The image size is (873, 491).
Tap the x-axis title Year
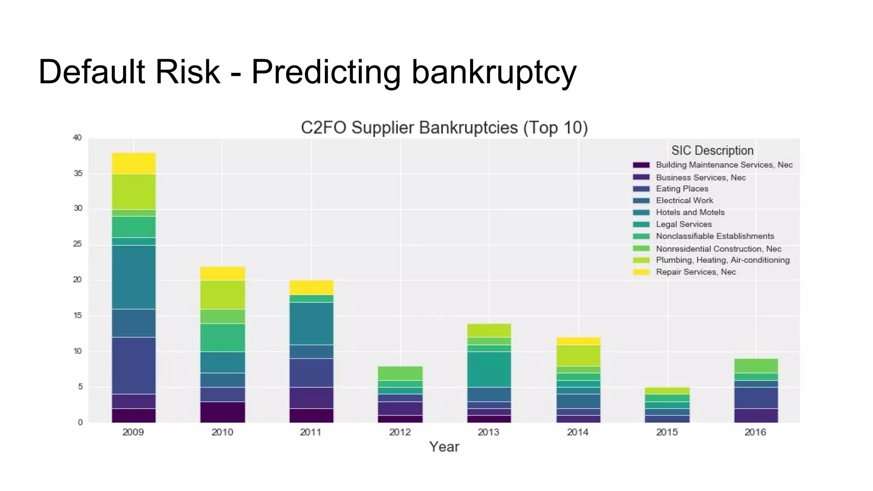click(444, 447)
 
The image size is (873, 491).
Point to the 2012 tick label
click(400, 432)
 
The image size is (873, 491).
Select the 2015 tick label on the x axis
click(667, 432)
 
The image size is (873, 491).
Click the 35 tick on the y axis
click(78, 173)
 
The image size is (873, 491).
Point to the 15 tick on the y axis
click(78, 316)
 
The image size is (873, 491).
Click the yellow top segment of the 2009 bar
click(134, 163)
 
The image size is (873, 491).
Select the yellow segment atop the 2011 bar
click(312, 288)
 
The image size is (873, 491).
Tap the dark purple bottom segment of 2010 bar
click(223, 412)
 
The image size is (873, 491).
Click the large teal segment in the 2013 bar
click(489, 369)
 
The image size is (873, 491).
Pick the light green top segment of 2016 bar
click(756, 366)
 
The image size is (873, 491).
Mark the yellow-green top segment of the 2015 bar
click(667, 390)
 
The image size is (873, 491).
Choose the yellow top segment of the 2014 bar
click(578, 341)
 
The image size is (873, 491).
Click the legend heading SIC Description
click(712, 150)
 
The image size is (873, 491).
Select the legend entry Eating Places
click(682, 189)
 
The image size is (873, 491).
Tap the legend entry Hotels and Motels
click(690, 212)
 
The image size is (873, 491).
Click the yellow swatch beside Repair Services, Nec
click(641, 272)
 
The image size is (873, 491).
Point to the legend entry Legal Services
click(683, 224)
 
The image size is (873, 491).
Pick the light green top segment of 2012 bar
click(400, 373)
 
